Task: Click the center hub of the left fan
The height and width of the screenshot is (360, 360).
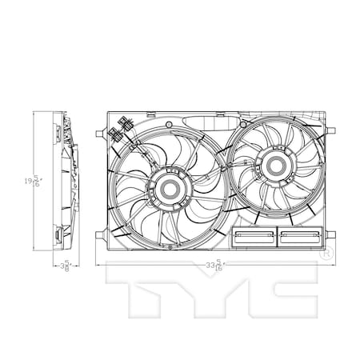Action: pos(170,190)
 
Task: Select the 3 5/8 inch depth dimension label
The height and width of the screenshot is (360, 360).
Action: pos(66,266)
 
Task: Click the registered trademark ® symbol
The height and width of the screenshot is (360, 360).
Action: pos(326,254)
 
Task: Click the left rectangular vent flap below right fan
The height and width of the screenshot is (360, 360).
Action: pos(254,237)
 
